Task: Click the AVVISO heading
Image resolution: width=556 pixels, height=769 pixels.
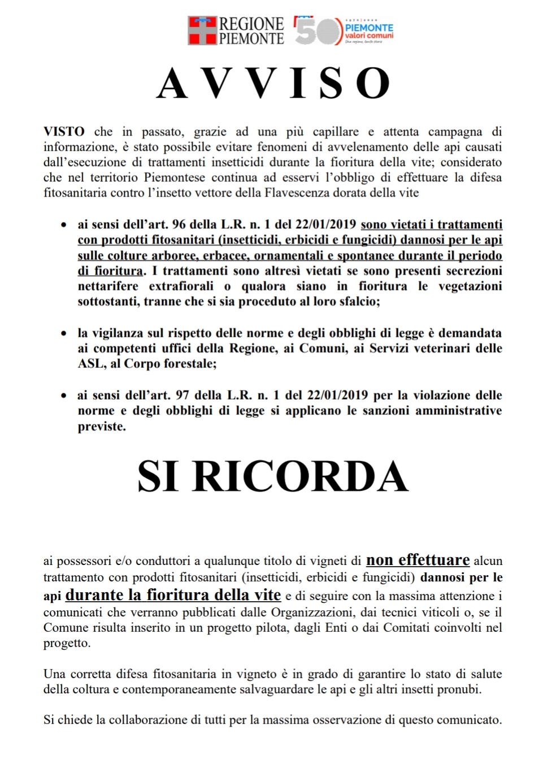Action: pos(273,84)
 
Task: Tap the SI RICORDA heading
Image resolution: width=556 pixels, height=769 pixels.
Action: pos(273,476)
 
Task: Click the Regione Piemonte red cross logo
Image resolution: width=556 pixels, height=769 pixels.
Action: pos(202,31)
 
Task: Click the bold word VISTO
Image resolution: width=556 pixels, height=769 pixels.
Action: pos(64,132)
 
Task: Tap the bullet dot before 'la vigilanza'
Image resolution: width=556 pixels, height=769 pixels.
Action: pos(64,334)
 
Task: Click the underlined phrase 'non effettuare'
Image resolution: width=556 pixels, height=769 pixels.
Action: pos(418,560)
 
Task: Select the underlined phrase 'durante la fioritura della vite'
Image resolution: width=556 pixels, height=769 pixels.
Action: pos(173,595)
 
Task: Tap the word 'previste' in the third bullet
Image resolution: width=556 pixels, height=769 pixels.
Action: pos(101,427)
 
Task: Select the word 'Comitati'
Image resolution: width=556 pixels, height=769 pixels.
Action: pos(407,627)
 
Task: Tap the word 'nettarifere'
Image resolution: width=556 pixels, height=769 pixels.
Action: pos(108,286)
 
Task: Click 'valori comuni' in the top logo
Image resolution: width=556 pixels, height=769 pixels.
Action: pos(370,36)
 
